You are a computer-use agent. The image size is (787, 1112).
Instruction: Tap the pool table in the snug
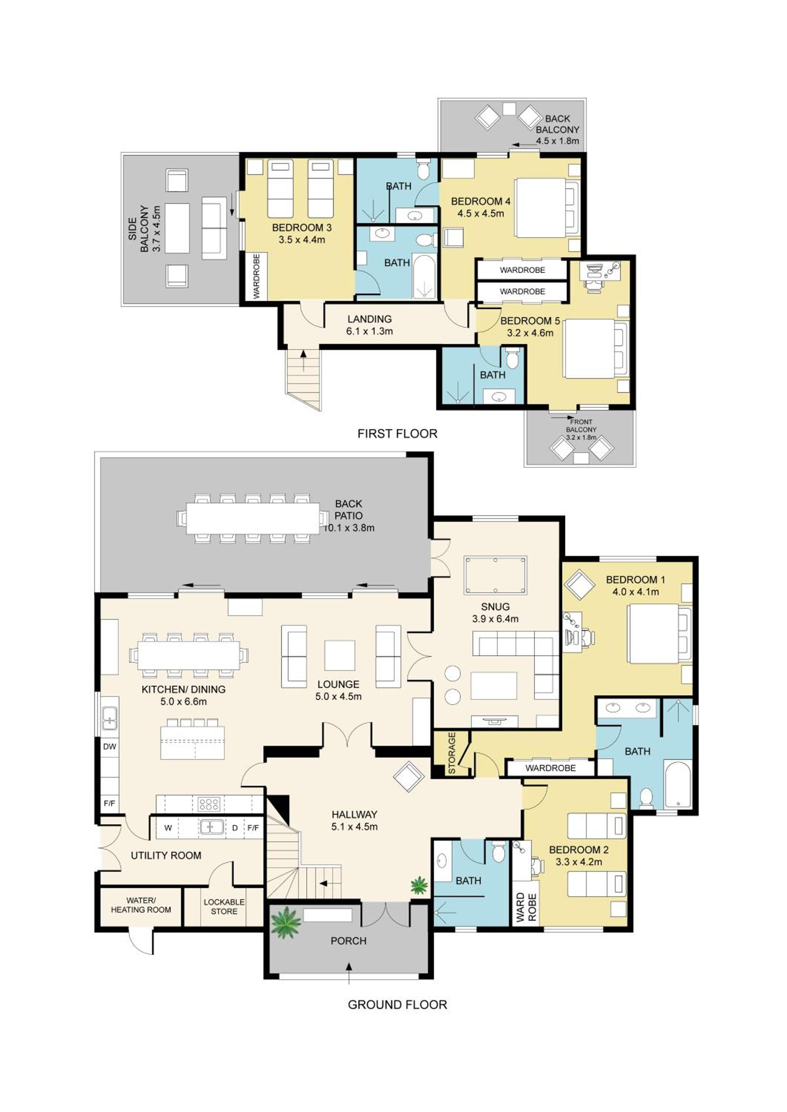(x=495, y=575)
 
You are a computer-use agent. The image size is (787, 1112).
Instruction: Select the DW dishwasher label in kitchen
(x=109, y=747)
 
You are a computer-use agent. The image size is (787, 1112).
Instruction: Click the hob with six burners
(x=209, y=804)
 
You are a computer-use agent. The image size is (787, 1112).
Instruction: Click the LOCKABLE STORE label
(x=224, y=907)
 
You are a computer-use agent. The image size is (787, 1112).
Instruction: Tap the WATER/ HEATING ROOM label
(x=141, y=905)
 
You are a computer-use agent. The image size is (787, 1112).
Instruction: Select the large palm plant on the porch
(x=286, y=923)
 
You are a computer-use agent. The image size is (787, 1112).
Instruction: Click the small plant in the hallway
(x=419, y=886)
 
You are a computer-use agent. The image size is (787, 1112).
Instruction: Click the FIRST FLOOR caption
(x=397, y=433)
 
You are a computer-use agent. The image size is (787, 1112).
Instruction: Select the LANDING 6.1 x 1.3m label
(x=369, y=325)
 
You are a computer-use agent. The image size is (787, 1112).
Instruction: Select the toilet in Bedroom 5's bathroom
(x=512, y=358)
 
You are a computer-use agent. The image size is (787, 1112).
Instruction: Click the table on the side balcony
(x=177, y=228)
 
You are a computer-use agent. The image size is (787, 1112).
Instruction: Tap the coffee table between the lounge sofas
(x=340, y=655)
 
